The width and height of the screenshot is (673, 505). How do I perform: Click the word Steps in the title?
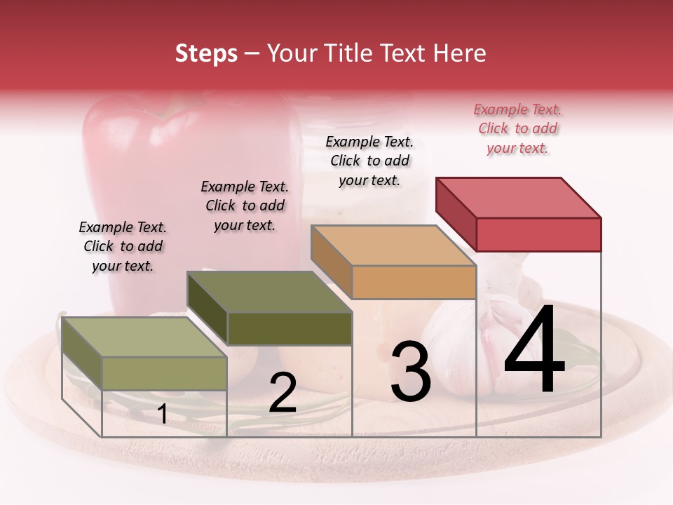point(206,53)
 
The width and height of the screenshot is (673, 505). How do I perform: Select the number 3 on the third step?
point(410,372)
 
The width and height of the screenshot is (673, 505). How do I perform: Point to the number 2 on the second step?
point(283,393)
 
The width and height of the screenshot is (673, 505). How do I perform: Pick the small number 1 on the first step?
point(162,414)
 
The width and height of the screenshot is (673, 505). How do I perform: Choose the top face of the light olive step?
point(144,337)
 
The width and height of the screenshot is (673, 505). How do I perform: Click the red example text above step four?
point(517,128)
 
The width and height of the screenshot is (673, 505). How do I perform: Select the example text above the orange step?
point(369,161)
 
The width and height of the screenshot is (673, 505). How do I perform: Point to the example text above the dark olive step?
point(245,206)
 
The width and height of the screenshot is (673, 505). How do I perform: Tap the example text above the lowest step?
point(123,246)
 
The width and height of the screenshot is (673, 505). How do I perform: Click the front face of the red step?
point(538,234)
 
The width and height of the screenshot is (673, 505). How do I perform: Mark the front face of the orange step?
point(414,282)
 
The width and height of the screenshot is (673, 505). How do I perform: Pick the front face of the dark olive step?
point(290,328)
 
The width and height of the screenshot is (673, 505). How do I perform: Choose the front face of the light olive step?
point(165,373)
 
